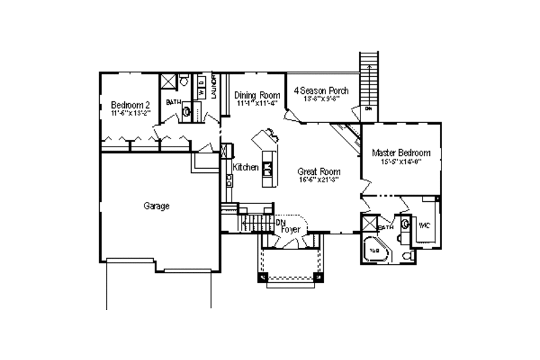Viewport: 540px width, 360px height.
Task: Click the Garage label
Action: coord(156,206)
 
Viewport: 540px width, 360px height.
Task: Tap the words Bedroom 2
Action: coord(130,105)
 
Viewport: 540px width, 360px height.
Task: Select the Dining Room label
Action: coord(256,95)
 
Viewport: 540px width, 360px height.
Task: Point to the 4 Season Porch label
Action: coord(321,90)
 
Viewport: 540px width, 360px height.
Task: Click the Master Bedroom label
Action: coord(401,153)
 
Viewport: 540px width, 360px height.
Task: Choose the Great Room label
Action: coord(318,172)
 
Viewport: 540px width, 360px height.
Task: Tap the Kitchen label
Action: coord(246,166)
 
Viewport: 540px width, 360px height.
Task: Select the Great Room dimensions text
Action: coord(318,180)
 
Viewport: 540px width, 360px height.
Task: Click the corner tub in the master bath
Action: coord(373,251)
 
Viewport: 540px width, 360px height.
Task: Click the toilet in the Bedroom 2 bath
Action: coord(183,81)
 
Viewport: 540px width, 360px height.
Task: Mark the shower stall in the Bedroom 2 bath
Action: coord(167,81)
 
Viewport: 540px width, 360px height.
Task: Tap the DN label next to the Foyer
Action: coord(280,221)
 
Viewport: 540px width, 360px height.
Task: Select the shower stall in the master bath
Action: coord(369,224)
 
